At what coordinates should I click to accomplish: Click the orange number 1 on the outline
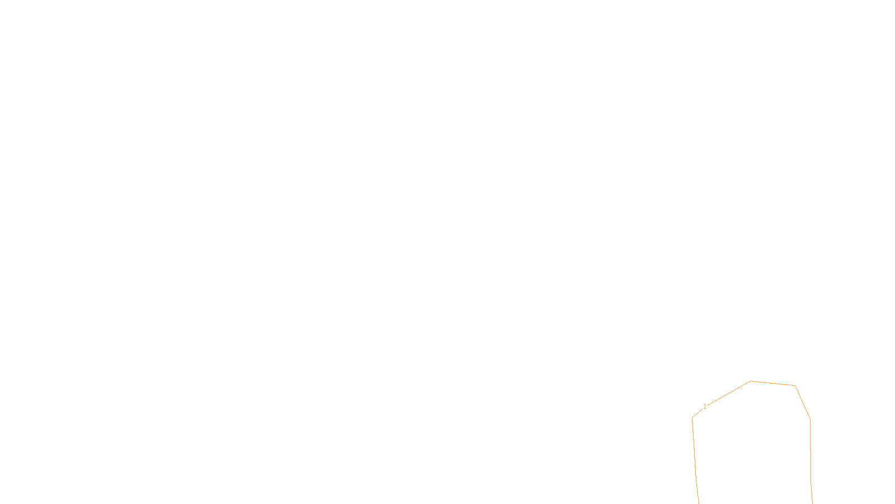pyautogui.click(x=705, y=407)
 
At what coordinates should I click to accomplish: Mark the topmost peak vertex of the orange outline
pyautogui.click(x=751, y=381)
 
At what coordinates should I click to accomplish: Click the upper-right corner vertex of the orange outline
pyautogui.click(x=795, y=386)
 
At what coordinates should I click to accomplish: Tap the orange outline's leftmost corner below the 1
pyautogui.click(x=693, y=417)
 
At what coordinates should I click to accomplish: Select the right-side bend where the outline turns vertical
pyautogui.click(x=810, y=419)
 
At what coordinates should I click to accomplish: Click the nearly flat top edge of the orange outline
pyautogui.click(x=773, y=384)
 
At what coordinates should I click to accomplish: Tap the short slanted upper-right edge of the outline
pyautogui.click(x=803, y=403)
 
